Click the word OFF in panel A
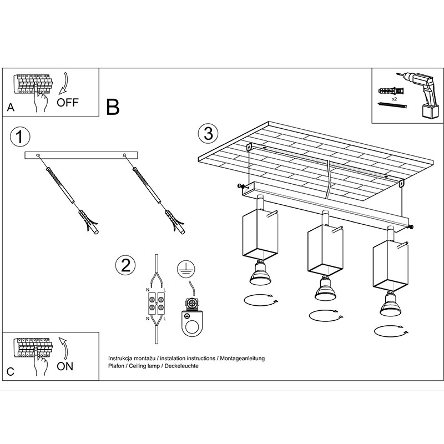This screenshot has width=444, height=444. pyautogui.click(x=68, y=102)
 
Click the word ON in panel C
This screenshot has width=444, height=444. pyautogui.click(x=65, y=366)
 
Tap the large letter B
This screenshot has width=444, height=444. pyautogui.click(x=113, y=107)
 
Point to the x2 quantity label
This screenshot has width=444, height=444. pyautogui.click(x=394, y=98)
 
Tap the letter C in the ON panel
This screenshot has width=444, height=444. pyautogui.click(x=11, y=371)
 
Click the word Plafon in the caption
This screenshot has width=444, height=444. pyautogui.click(x=117, y=367)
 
